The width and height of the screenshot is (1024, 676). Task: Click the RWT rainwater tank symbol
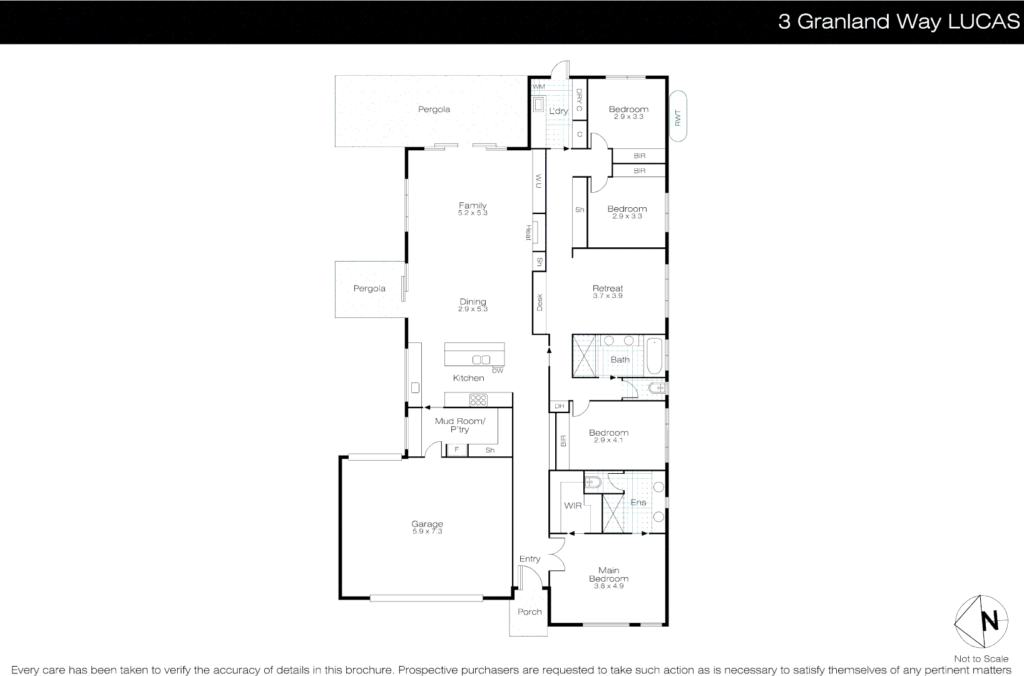click(678, 117)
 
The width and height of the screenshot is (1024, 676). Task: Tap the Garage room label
click(427, 524)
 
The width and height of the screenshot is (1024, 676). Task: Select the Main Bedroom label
click(608, 575)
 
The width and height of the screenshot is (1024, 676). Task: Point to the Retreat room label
click(608, 289)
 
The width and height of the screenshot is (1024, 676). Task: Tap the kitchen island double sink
click(481, 360)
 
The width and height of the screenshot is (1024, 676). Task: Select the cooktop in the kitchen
click(478, 399)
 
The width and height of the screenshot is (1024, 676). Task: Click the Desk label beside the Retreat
click(540, 302)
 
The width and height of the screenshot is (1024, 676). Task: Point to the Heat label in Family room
click(528, 233)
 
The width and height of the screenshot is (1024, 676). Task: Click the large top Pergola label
click(434, 110)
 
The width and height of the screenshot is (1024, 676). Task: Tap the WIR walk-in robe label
click(573, 506)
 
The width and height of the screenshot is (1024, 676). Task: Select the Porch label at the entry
click(530, 612)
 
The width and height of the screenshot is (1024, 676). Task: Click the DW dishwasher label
click(498, 371)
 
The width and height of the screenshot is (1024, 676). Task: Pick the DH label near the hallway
click(559, 406)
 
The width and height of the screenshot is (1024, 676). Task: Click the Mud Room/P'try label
click(460, 425)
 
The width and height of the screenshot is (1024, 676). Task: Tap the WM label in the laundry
click(538, 86)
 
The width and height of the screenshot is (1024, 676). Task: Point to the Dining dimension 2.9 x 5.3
click(473, 309)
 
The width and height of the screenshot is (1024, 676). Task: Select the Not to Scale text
click(981, 658)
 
